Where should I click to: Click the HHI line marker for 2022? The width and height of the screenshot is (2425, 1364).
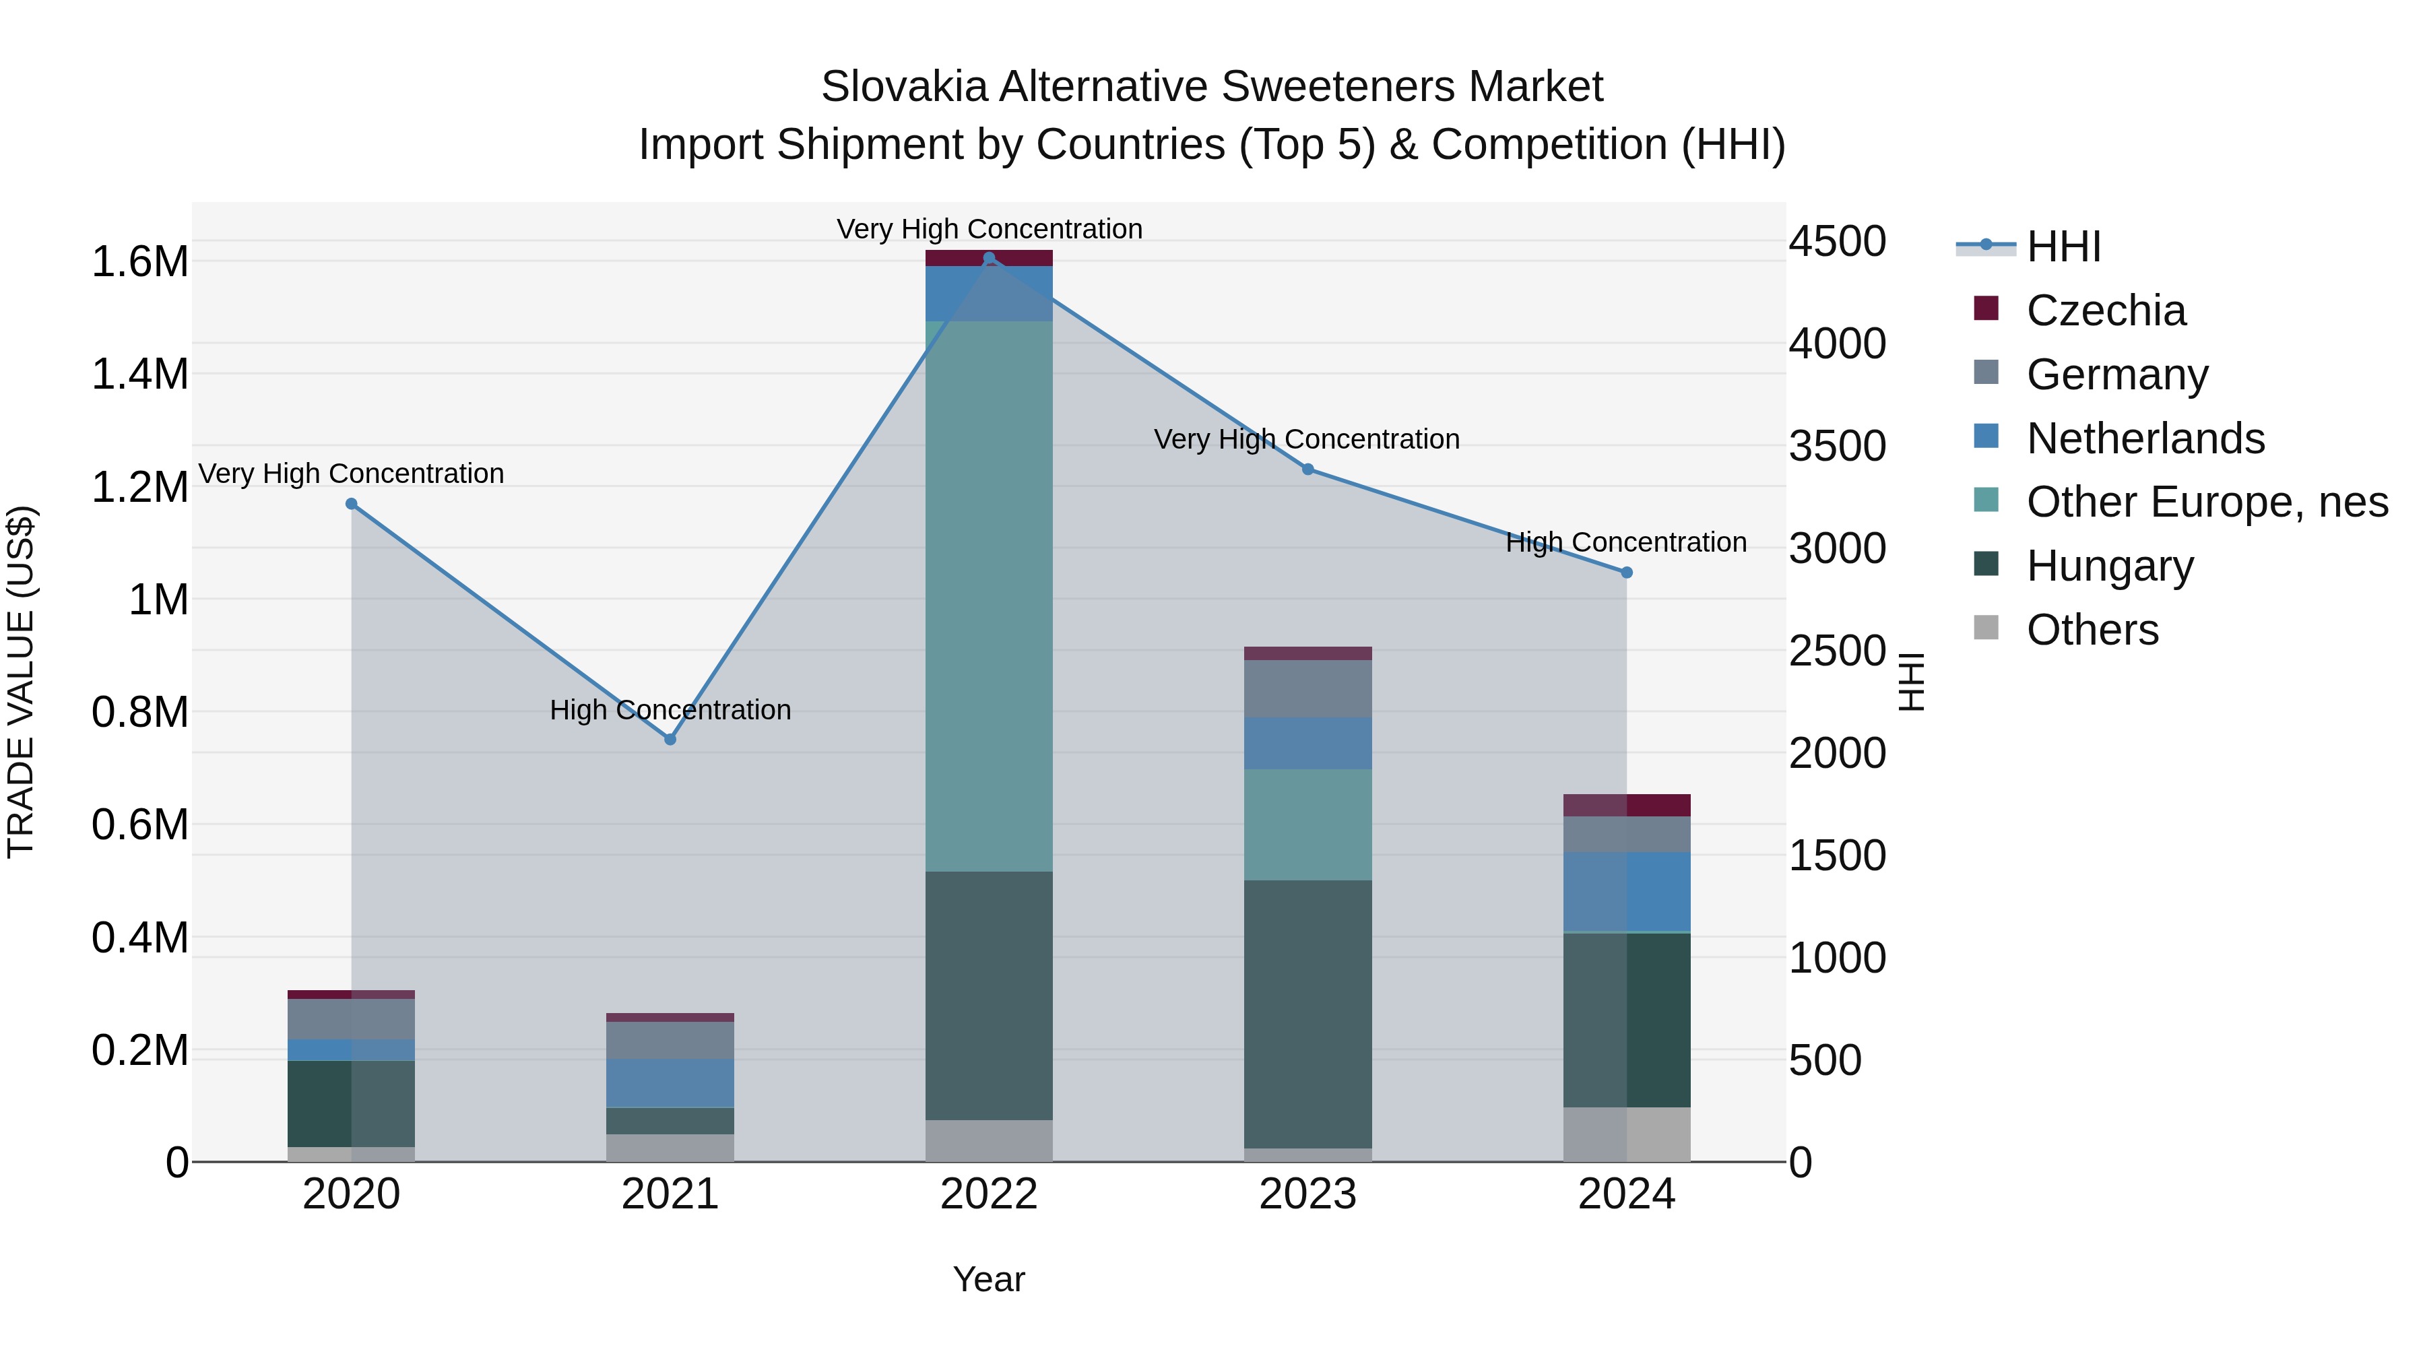click(x=988, y=258)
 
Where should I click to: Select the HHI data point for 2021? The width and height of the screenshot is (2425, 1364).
click(x=670, y=740)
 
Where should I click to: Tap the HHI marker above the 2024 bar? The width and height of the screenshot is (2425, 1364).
click(x=1627, y=573)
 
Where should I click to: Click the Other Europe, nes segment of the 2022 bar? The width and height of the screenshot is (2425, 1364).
click(x=988, y=596)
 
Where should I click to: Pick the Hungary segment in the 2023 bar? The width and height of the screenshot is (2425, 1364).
click(x=1307, y=1014)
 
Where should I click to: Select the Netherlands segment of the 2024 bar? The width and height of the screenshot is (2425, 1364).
click(x=1627, y=891)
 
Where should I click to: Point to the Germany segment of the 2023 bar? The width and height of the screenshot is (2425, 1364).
click(x=1307, y=688)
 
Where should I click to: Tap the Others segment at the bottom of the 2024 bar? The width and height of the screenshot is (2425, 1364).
click(x=1627, y=1134)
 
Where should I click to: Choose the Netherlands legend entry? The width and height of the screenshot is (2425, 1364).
click(x=2145, y=439)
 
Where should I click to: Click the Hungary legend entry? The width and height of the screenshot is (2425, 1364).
click(x=2110, y=566)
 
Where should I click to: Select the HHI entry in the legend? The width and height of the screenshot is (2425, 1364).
click(x=2063, y=247)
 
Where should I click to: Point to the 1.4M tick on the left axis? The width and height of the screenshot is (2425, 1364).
click(x=140, y=374)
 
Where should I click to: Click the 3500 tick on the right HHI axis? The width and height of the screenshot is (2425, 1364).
click(x=1837, y=446)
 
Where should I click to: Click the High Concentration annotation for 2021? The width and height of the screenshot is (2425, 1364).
click(x=670, y=710)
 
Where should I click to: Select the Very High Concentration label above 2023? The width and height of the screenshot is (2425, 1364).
click(x=1307, y=440)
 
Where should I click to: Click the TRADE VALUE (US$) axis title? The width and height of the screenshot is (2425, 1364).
click(x=21, y=682)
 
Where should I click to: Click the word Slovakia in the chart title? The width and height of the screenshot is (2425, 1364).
click(x=904, y=87)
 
